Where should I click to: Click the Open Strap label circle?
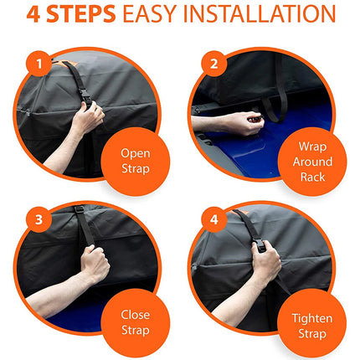coord(135,160)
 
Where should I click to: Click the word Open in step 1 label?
coord(135,152)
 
